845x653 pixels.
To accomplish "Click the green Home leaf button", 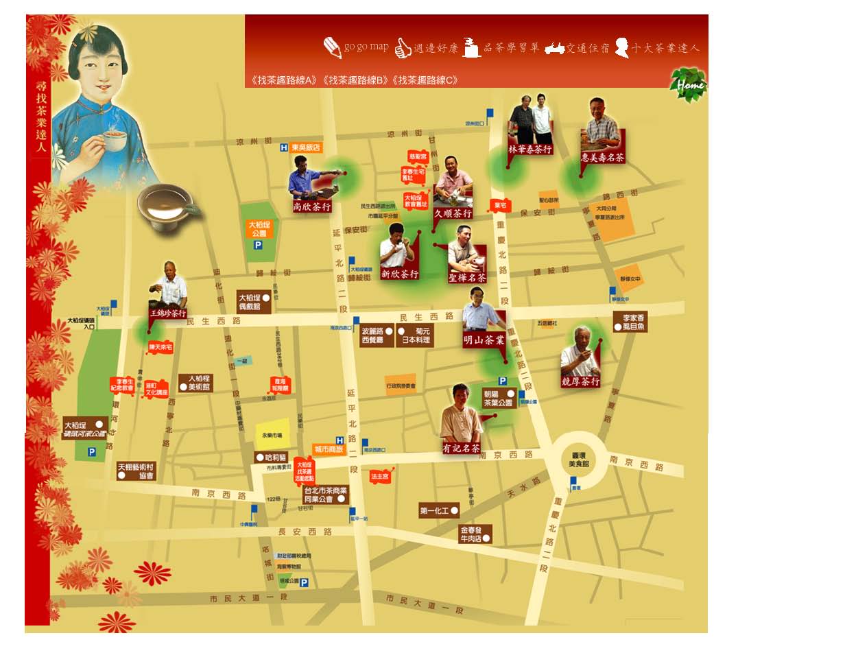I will coord(689,84).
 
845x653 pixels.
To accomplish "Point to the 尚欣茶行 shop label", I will coord(312,206).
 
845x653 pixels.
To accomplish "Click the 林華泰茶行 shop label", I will coord(530,149).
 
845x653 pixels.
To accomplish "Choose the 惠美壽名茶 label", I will coord(602,157).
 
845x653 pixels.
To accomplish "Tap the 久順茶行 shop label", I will coord(453,213).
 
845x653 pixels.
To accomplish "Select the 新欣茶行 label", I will coord(399,274).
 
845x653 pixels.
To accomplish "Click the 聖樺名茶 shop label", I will coord(467,278).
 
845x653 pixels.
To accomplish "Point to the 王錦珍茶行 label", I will coord(168,313).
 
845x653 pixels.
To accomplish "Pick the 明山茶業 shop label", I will coord(484,340).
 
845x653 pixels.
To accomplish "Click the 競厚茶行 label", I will coord(580,381).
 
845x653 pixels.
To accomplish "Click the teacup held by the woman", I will coord(115,142).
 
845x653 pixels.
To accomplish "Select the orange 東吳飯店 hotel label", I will coord(305,147).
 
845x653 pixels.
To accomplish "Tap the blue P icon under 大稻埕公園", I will coord(258,245).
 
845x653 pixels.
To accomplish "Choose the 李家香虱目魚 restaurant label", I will coord(630,322).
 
